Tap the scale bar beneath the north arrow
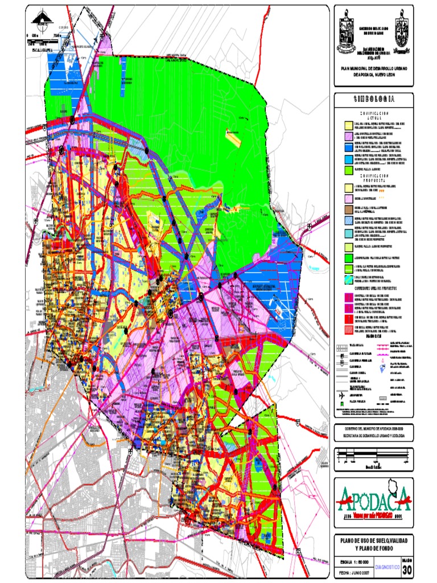44,36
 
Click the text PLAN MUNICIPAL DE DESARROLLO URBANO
373,68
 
